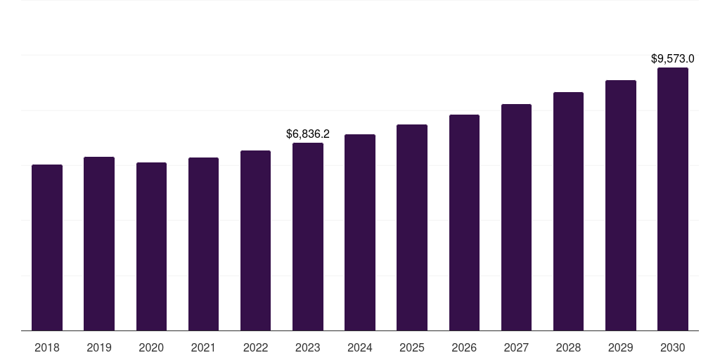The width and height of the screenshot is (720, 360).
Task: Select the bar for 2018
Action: (x=47, y=247)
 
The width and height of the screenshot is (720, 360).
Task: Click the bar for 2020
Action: (x=151, y=246)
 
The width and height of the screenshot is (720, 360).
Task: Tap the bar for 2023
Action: (x=308, y=236)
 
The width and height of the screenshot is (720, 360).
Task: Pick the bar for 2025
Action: (x=412, y=227)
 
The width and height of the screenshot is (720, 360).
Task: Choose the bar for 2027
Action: (x=516, y=217)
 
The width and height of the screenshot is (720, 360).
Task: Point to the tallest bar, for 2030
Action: (x=673, y=199)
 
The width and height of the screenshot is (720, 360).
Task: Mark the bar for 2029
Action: (x=621, y=205)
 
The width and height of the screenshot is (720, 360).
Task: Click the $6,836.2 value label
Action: (x=308, y=134)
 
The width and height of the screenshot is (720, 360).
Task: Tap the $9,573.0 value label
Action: (x=673, y=58)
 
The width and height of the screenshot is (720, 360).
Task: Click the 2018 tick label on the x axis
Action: (x=47, y=347)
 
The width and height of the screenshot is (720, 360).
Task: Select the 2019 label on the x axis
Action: (x=99, y=347)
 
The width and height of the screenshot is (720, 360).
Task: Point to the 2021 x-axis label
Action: (x=203, y=347)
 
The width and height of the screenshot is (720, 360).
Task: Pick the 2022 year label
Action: (x=255, y=347)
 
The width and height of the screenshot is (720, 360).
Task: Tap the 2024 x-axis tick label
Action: (x=360, y=347)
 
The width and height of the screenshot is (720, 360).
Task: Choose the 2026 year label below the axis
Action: (x=464, y=347)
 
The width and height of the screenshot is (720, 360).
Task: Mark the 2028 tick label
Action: (x=568, y=347)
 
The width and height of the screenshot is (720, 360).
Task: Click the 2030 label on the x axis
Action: (x=673, y=347)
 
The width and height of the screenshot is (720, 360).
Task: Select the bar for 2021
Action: (x=203, y=244)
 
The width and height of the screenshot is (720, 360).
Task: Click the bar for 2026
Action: (x=464, y=222)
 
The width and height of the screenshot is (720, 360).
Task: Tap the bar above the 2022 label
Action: (x=255, y=240)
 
